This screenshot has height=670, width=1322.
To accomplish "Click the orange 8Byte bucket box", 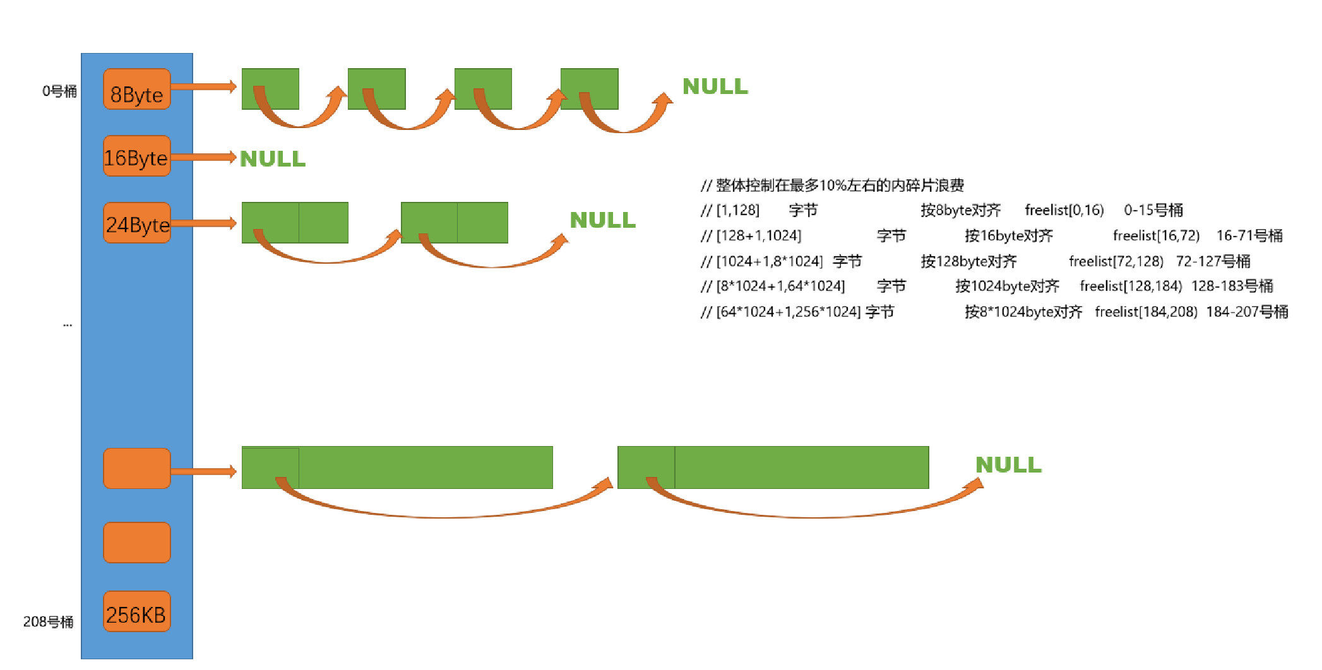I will tap(137, 89).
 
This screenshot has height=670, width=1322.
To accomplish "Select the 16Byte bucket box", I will tap(137, 156).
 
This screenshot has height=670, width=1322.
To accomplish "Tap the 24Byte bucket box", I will tap(137, 223).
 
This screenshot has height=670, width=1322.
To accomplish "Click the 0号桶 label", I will tap(59, 91).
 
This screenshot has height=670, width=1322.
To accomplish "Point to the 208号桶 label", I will tap(48, 621).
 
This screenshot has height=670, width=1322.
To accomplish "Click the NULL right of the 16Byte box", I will tap(273, 159).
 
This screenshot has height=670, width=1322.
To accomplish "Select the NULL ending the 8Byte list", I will tap(715, 86).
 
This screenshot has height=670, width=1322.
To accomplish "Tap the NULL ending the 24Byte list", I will tap(602, 220).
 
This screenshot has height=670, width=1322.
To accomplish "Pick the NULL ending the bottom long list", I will tap(1008, 465).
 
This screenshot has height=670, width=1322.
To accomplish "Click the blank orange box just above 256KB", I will tap(137, 543).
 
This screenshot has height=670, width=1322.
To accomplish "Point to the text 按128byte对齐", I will tap(968, 261).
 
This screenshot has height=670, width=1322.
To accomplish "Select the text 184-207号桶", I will tap(1247, 312).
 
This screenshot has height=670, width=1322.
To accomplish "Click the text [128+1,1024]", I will tap(758, 236).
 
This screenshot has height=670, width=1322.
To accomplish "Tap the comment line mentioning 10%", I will tap(833, 185).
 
